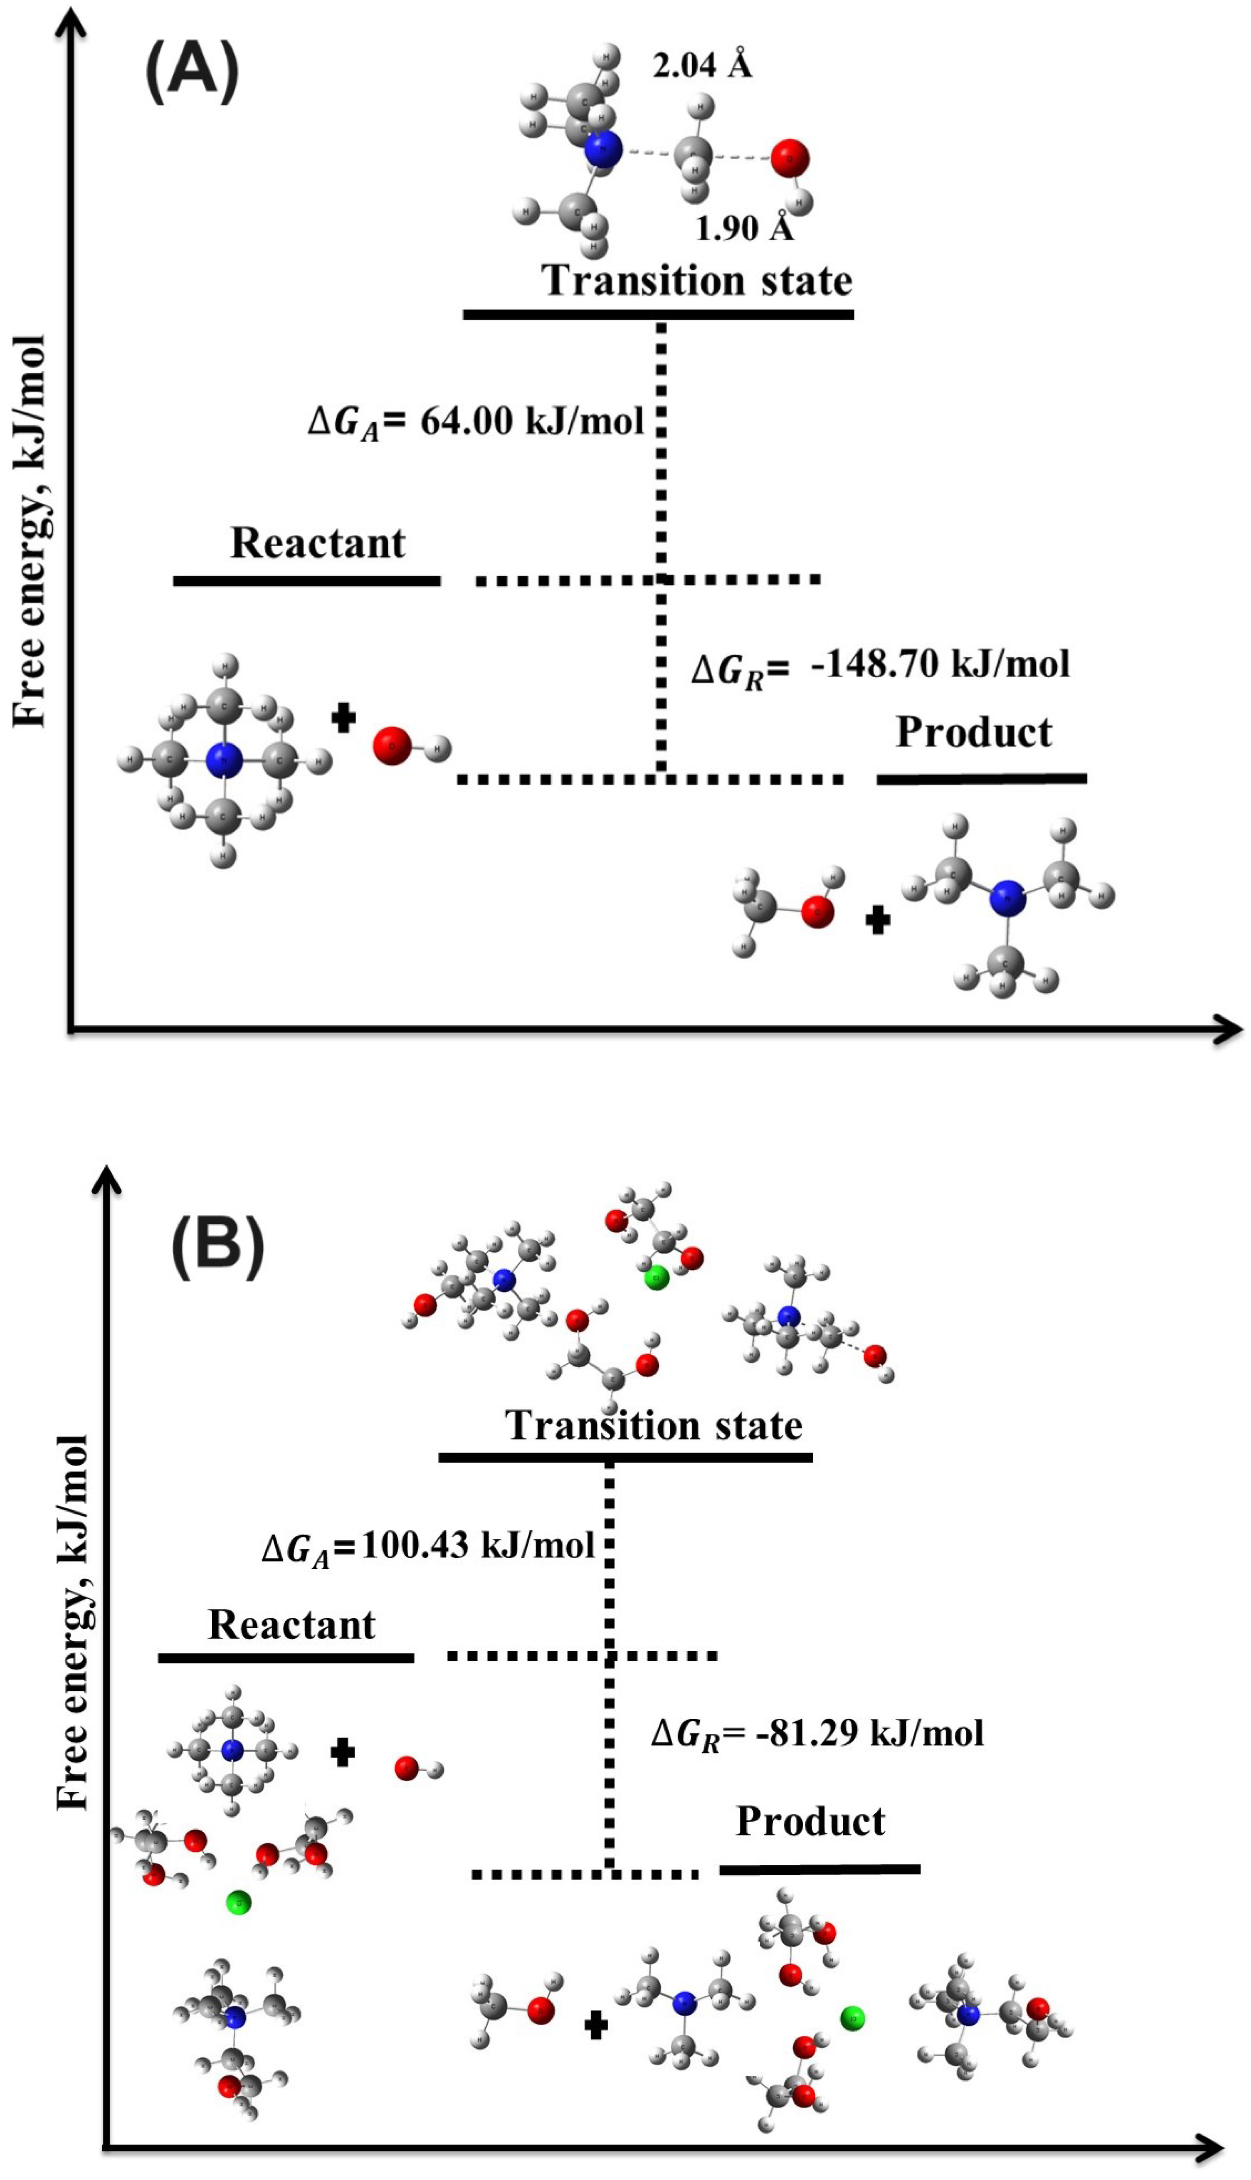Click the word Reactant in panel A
click(x=318, y=543)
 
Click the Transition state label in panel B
click(x=653, y=1426)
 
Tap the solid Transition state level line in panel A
click(x=658, y=315)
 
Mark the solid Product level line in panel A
click(x=981, y=779)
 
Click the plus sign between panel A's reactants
click(x=344, y=718)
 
